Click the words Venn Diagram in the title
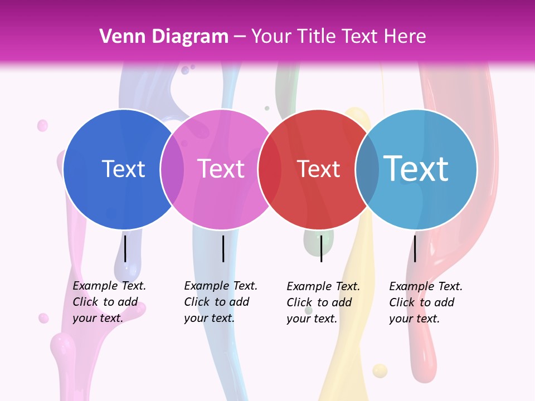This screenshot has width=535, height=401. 164,37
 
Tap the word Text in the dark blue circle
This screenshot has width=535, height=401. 123,169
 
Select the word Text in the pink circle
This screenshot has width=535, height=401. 221,169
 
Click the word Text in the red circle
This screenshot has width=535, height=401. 318,169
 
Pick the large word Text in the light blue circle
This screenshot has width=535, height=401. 416,169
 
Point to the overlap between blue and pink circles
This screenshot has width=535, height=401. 172,169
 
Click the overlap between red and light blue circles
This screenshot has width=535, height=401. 367,169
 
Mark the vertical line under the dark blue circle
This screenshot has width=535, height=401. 125,248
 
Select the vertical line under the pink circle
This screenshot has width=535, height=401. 223,248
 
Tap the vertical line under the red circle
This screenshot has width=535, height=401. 321,248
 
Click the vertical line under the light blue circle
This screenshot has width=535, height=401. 415,248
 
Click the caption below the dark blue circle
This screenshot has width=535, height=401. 109,302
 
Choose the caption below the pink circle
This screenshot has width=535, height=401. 221,302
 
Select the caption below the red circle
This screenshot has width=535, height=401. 323,302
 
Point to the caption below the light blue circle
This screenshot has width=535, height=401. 426,302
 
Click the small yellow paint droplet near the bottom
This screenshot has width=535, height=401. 380,370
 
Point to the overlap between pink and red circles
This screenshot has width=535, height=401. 270,169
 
